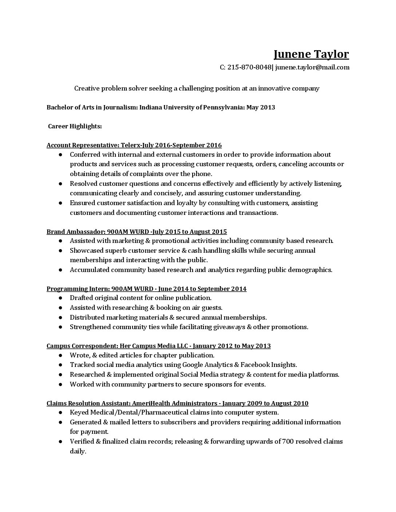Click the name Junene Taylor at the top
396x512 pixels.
click(311, 54)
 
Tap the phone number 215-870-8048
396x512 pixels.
click(249, 67)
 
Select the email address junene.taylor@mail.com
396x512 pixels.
click(312, 67)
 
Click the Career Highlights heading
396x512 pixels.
click(75, 126)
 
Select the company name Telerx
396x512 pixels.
click(130, 145)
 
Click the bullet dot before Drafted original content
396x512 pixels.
click(60, 298)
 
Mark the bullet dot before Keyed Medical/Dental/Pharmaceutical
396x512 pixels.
click(60, 413)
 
